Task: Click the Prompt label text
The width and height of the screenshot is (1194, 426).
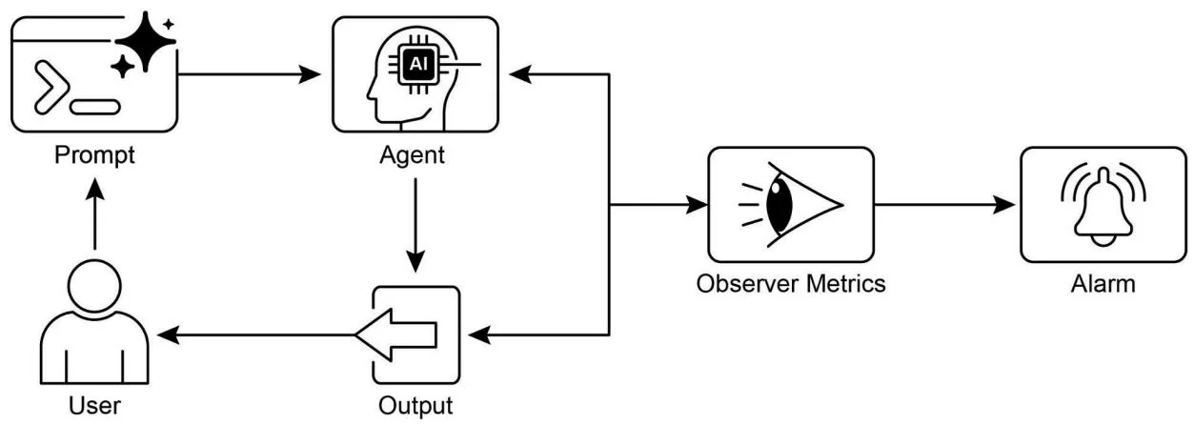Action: (93, 153)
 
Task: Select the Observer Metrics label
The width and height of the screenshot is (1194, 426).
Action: (790, 284)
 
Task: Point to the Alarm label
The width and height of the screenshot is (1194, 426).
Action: (1103, 284)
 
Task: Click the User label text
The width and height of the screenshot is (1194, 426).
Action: (93, 407)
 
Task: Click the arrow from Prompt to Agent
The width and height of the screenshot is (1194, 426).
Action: (253, 72)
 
